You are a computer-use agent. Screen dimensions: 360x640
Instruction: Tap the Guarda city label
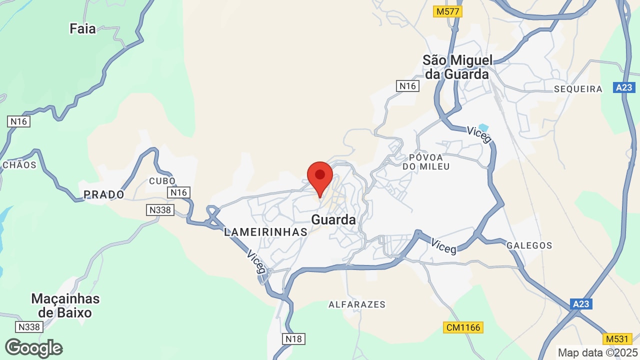click(x=333, y=219)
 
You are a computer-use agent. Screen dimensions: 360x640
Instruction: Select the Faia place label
click(x=82, y=29)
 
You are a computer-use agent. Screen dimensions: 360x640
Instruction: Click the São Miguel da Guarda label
click(x=457, y=67)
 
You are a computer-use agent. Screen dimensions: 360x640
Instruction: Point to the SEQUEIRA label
click(x=578, y=89)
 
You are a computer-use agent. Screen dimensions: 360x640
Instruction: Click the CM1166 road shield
click(x=462, y=327)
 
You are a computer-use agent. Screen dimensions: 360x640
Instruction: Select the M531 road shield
click(x=617, y=338)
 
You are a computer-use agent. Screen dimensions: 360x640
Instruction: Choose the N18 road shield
click(x=293, y=339)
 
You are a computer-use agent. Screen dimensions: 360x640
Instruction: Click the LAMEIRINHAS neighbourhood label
click(x=265, y=232)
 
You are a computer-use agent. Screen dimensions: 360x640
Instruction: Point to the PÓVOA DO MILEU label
click(x=426, y=161)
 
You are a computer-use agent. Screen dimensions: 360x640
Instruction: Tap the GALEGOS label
click(x=529, y=245)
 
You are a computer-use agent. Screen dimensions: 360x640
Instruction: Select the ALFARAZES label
click(x=357, y=304)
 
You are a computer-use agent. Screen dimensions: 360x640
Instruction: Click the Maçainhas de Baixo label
click(x=65, y=305)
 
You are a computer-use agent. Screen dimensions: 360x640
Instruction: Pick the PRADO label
click(x=103, y=194)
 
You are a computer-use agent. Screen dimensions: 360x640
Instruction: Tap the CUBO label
click(x=162, y=181)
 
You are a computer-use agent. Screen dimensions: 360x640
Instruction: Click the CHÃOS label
click(x=19, y=165)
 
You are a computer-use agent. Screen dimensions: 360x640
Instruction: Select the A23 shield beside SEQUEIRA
click(x=624, y=87)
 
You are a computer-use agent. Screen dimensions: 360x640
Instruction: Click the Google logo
click(x=34, y=348)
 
